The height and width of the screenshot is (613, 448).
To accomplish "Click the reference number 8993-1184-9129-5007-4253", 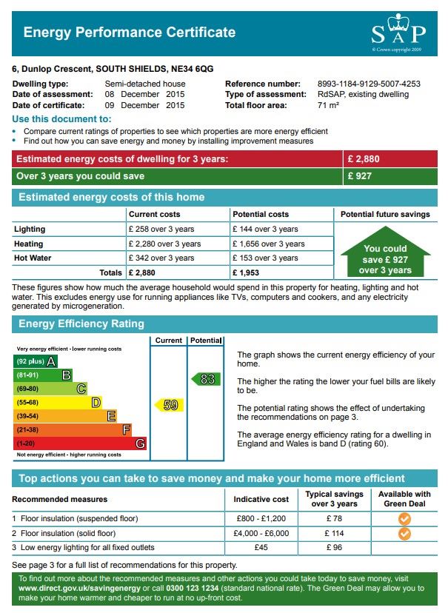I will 369,84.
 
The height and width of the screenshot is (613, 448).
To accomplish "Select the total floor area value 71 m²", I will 328,105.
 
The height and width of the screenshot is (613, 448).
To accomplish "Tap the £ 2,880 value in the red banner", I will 362,159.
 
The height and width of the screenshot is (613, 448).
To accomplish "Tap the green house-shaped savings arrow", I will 385,256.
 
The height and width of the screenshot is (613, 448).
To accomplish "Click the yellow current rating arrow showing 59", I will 170,405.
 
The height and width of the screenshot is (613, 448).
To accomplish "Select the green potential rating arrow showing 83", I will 206,379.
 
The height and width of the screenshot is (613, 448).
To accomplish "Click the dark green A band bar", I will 36,361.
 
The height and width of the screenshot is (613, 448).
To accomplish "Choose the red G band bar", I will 80,443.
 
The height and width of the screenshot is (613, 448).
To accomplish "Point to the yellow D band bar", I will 58,403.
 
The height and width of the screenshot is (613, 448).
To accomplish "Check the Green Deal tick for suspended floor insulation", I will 404,518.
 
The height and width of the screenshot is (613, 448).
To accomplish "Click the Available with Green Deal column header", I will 404,499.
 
